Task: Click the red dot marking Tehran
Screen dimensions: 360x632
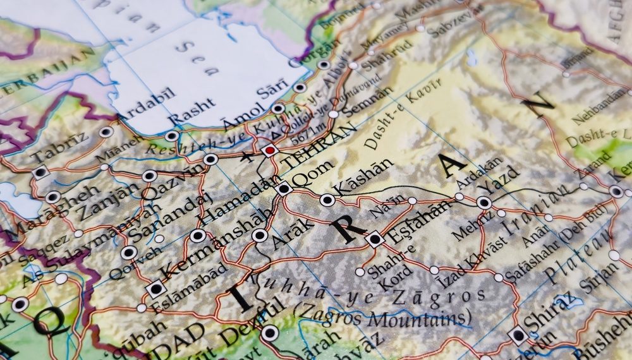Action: [270, 150]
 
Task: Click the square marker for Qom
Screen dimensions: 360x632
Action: [283, 188]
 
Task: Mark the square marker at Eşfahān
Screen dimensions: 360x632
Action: [374, 239]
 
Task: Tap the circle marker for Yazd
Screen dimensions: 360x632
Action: [484, 203]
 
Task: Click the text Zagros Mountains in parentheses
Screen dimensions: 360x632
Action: [383, 315]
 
